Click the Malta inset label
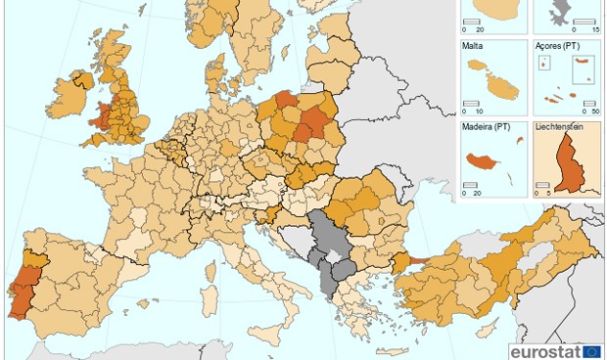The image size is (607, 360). point(472,45)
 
